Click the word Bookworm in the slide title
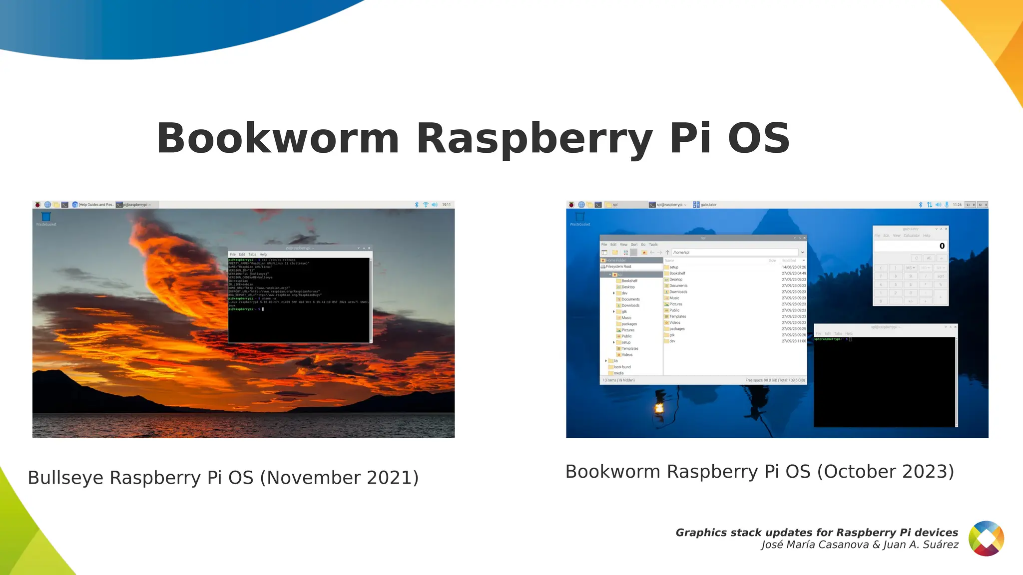point(278,138)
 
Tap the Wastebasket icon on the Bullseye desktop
point(46,217)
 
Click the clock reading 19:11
point(446,205)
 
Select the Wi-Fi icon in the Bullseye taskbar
point(426,205)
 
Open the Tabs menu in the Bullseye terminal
point(252,255)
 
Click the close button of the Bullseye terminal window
point(369,248)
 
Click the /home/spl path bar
point(734,253)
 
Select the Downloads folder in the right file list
point(678,292)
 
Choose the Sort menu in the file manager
point(634,245)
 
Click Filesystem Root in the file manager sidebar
point(618,267)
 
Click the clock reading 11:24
point(957,205)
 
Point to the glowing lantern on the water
point(659,408)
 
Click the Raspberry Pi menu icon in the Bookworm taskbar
point(571,205)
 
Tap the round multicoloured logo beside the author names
point(986,538)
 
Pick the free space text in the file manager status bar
point(775,380)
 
